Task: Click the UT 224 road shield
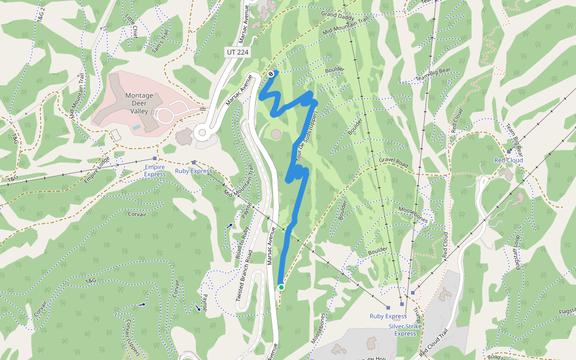click(x=238, y=52)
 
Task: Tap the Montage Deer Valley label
click(x=139, y=103)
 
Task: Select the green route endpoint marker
click(x=281, y=287)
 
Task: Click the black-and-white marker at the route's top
click(x=271, y=74)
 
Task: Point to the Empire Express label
click(x=154, y=170)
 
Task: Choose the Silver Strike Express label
click(x=405, y=329)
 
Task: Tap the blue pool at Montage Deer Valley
click(x=137, y=127)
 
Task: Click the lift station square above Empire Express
click(x=155, y=158)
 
